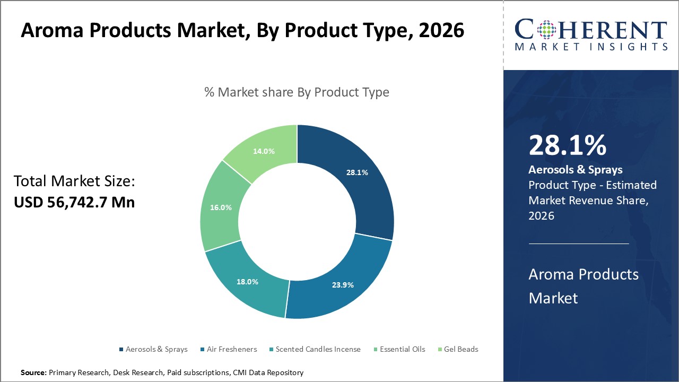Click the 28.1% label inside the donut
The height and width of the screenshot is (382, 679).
click(357, 172)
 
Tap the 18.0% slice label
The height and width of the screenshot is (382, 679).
click(248, 282)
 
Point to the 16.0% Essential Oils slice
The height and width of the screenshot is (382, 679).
click(221, 207)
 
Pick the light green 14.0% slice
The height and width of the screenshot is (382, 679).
click(264, 151)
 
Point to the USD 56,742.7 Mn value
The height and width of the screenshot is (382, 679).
click(74, 202)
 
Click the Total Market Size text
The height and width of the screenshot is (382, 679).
click(74, 181)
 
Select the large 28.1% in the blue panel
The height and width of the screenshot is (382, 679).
click(567, 145)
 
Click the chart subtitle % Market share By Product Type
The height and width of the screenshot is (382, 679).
click(297, 92)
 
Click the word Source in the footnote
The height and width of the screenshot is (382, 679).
click(34, 373)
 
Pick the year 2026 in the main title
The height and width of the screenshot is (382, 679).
click(441, 31)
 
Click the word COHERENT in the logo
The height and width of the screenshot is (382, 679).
click(591, 30)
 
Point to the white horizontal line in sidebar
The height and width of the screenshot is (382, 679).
click(579, 244)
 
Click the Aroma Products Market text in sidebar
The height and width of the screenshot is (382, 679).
click(584, 286)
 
